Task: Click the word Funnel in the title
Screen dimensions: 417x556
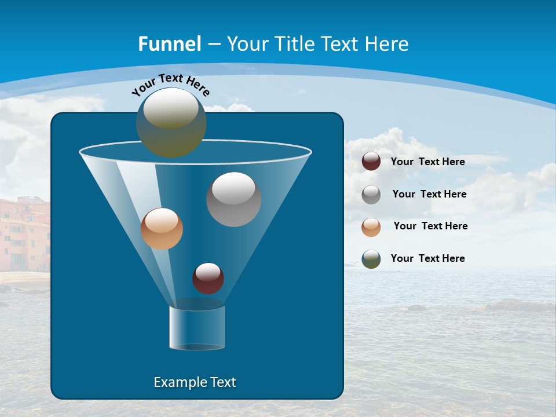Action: [x=169, y=44]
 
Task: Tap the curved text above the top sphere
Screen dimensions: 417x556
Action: [x=170, y=85]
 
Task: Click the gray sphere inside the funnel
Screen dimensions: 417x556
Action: [x=233, y=199]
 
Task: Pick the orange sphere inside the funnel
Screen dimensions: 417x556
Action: [x=162, y=229]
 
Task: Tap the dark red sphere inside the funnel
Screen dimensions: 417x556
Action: [x=208, y=279]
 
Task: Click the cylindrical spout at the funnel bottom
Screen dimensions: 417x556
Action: [x=196, y=328]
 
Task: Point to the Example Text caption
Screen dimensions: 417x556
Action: [x=195, y=382]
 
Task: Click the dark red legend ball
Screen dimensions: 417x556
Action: [x=371, y=162]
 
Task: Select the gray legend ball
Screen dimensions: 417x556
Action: [x=371, y=195]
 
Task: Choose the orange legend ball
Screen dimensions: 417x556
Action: [x=371, y=226]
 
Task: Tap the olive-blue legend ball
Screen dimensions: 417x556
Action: [x=371, y=259]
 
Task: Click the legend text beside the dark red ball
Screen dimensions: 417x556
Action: [x=427, y=162]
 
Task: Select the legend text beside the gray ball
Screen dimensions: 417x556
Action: [x=429, y=195]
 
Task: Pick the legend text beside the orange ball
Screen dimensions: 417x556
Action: [x=430, y=226]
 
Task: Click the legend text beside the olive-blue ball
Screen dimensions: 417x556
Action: [x=427, y=259]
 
